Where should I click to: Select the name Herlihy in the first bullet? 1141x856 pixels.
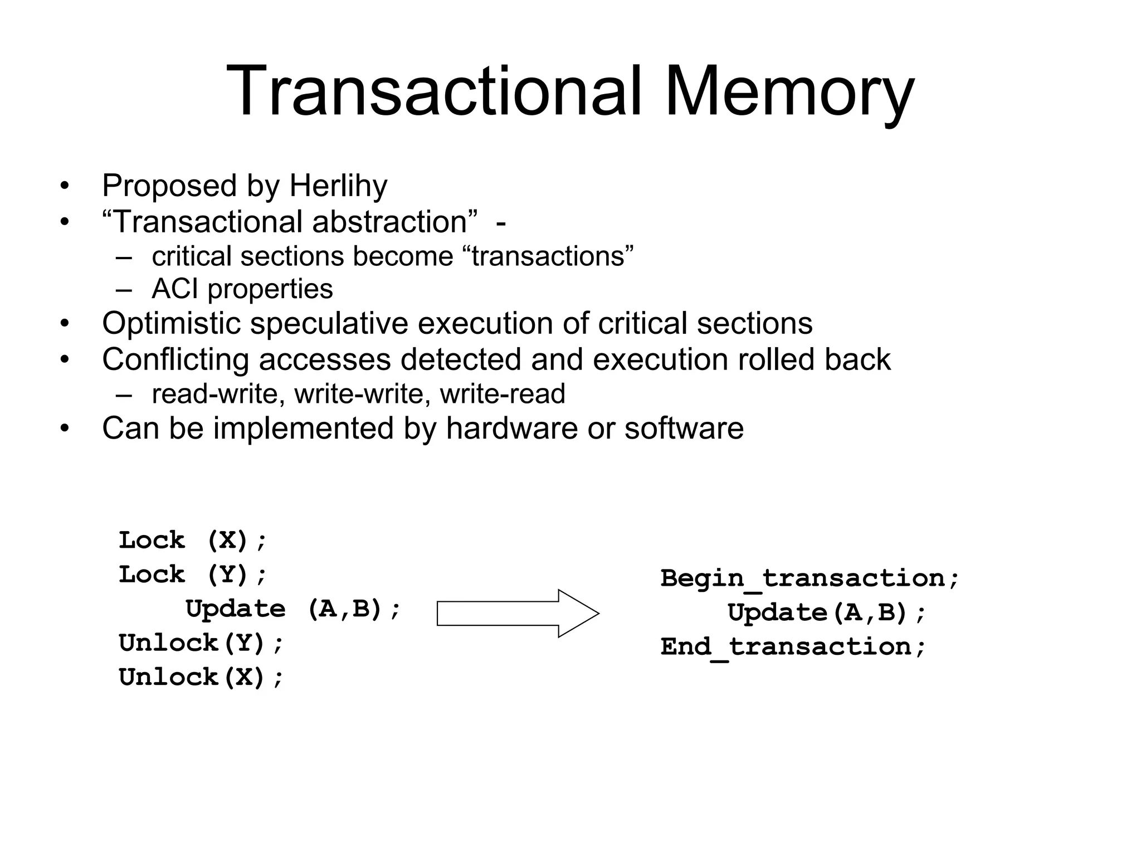338,186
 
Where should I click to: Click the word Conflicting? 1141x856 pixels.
175,359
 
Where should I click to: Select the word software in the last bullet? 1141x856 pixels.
684,429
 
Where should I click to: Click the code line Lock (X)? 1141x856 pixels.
193,541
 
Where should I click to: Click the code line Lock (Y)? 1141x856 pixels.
193,575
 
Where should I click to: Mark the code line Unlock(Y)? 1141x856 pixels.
201,643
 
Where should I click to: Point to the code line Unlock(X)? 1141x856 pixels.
201,678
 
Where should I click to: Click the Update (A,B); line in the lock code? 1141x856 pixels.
293,609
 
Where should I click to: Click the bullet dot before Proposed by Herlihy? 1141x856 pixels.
65,187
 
